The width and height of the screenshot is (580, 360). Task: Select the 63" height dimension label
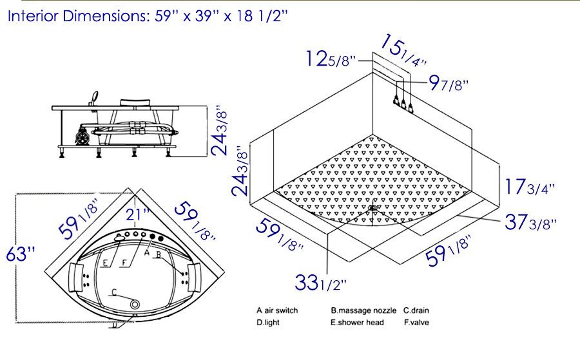pyautogui.click(x=20, y=254)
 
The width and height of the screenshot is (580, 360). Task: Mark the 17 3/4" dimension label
pyautogui.click(x=530, y=188)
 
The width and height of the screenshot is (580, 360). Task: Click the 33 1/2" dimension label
pyautogui.click(x=321, y=282)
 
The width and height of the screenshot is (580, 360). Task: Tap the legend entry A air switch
pyautogui.click(x=277, y=310)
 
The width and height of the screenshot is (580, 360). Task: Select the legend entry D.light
pyautogui.click(x=268, y=323)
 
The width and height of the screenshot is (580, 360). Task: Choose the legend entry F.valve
pyautogui.click(x=416, y=323)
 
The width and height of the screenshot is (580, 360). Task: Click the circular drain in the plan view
pyautogui.click(x=135, y=304)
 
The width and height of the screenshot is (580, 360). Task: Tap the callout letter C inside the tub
pyautogui.click(x=114, y=293)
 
